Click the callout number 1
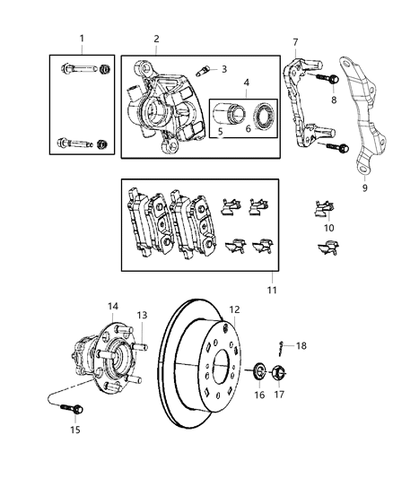click(x=82, y=39)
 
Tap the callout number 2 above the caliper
click(x=155, y=39)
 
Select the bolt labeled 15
click(x=113, y=306)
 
